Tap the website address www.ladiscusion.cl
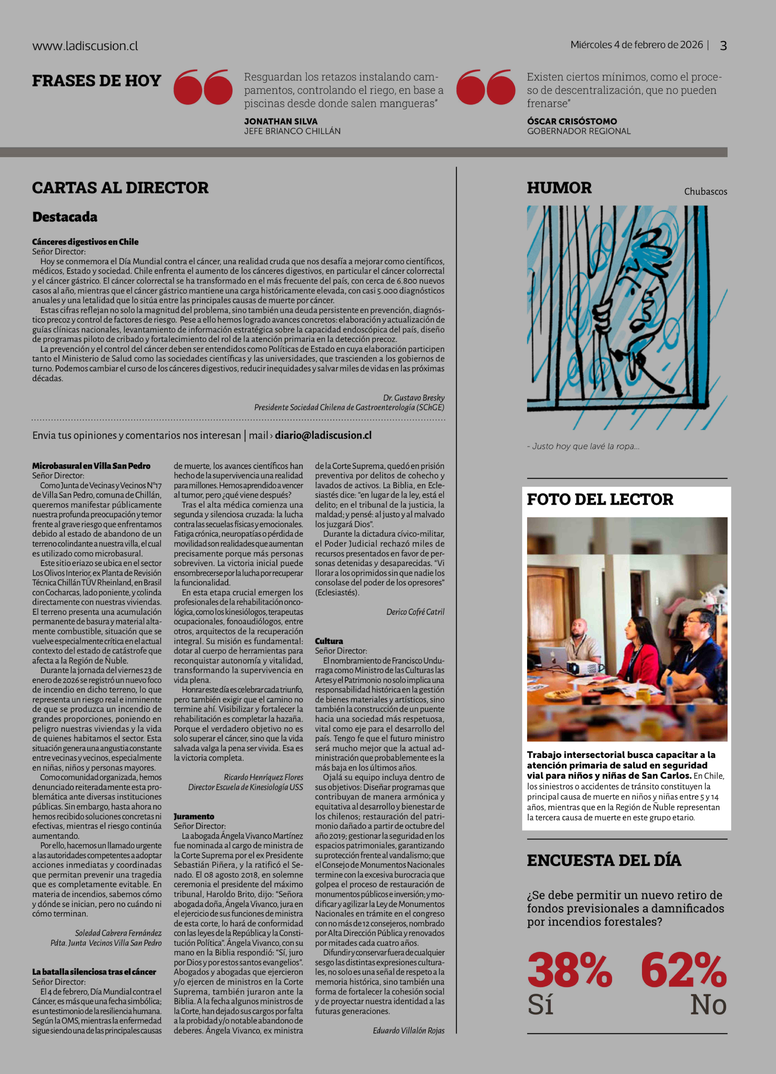pyautogui.click(x=85, y=46)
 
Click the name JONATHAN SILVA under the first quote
pyautogui.click(x=281, y=121)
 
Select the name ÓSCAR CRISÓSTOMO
pyautogui.click(x=572, y=121)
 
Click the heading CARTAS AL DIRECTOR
pyautogui.click(x=120, y=188)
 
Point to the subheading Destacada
pyautogui.click(x=65, y=217)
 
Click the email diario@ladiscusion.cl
pyautogui.click(x=323, y=435)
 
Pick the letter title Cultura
pyautogui.click(x=329, y=641)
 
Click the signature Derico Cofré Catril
pyautogui.click(x=415, y=612)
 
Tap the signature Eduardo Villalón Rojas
pyautogui.click(x=408, y=1030)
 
